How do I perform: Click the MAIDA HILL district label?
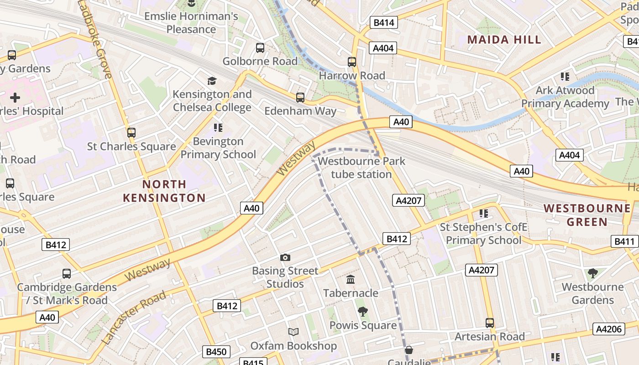pos(504,39)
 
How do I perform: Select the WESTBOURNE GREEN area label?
pos(587,215)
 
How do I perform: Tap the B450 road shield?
pos(216,352)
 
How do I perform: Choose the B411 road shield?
pos(624,241)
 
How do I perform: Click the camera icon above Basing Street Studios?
pos(285,258)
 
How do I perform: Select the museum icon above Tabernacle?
pos(351,279)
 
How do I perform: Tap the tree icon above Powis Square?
pos(363,312)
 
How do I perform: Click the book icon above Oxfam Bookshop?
pos(293,332)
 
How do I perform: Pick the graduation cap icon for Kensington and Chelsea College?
pos(212,81)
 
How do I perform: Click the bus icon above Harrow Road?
pos(351,62)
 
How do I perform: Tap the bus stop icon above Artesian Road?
pos(490,323)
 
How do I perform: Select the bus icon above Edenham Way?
pos(300,97)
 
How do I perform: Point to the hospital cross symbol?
pos(15,97)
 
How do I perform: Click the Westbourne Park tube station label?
pos(361,167)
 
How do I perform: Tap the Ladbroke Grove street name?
pos(94,39)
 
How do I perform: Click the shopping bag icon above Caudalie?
pos(409,350)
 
